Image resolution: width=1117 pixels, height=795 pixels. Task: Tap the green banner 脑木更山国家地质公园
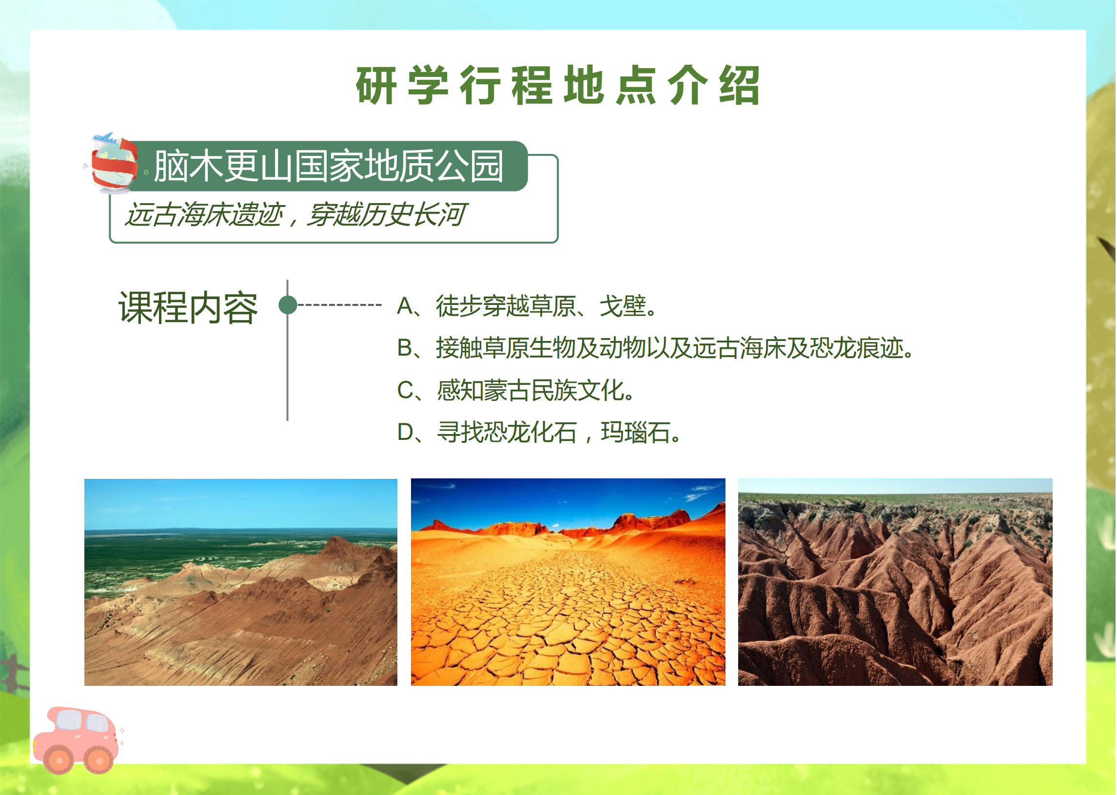(328, 166)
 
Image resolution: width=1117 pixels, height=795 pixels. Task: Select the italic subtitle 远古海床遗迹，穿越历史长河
(295, 215)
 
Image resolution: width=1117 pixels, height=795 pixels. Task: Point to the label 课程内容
(188, 308)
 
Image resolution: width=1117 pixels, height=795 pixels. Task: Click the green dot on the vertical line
(288, 305)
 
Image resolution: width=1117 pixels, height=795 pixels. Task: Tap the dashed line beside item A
(339, 305)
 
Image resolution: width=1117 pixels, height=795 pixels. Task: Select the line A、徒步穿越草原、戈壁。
(527, 306)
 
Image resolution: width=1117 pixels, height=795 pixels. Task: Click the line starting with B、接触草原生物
(655, 348)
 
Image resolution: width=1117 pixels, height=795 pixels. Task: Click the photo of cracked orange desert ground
(568, 582)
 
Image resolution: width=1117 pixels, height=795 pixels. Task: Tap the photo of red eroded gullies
(896, 582)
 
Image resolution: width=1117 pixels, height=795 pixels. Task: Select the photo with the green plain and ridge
(241, 582)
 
